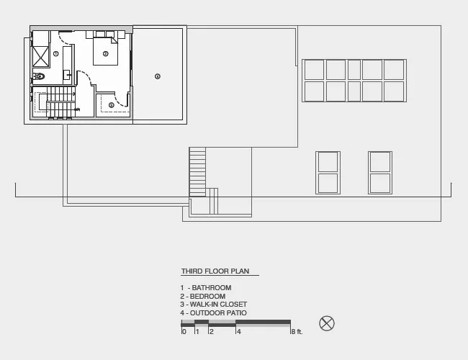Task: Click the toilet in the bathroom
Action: (x=39, y=76)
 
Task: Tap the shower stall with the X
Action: (x=40, y=56)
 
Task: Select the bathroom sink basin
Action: (x=67, y=74)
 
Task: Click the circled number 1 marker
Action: (x=56, y=54)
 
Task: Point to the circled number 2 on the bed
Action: (x=105, y=54)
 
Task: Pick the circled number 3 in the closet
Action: (x=112, y=105)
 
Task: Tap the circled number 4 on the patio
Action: (x=158, y=76)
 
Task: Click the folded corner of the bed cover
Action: (x=114, y=40)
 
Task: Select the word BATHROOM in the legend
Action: (x=212, y=288)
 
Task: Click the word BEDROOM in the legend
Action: (x=208, y=297)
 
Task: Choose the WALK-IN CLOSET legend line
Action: (x=214, y=305)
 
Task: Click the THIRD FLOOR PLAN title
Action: (x=215, y=271)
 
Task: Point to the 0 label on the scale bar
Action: (x=184, y=332)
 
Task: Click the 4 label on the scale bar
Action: (x=239, y=332)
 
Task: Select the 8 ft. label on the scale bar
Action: (x=297, y=332)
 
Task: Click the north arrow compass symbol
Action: (x=327, y=323)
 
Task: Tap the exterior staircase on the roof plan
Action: (x=197, y=172)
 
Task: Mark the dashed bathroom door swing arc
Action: (x=63, y=40)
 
